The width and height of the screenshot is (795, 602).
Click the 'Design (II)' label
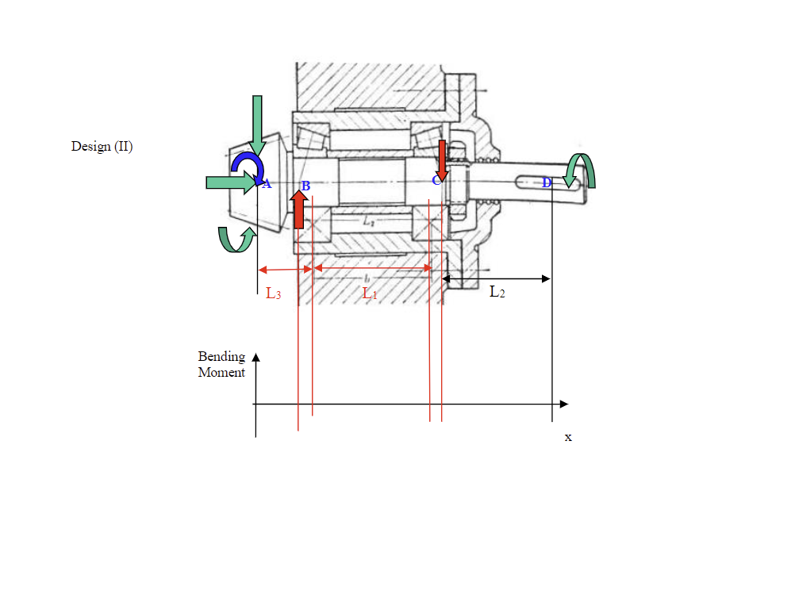tap(102, 147)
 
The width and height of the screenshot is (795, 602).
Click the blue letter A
tap(267, 185)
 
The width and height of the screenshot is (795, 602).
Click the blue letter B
tap(305, 186)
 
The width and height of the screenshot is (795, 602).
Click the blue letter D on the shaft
tap(547, 183)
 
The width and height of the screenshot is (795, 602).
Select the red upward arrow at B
tap(299, 209)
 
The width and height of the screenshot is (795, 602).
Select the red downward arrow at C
tap(443, 161)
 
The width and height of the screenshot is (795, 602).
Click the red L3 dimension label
tap(273, 293)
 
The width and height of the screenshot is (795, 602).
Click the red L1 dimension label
tap(370, 293)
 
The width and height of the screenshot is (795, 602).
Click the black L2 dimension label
tap(497, 292)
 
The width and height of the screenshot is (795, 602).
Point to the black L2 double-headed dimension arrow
tap(496, 278)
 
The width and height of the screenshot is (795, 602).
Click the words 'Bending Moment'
tap(221, 364)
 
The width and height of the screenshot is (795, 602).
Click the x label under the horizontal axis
tap(568, 437)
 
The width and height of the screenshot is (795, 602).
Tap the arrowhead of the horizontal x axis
tap(564, 404)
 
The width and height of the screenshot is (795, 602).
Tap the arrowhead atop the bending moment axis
tap(256, 357)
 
